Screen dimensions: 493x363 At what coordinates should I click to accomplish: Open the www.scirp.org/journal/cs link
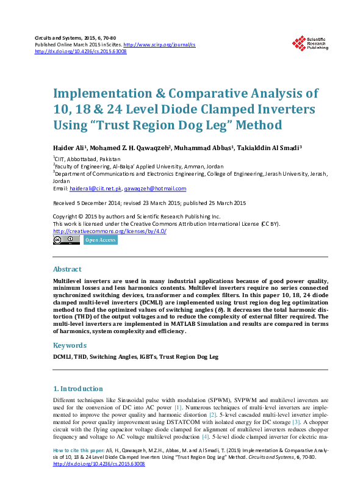(x=159, y=45)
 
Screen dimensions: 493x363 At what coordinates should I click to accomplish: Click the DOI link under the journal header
(x=81, y=52)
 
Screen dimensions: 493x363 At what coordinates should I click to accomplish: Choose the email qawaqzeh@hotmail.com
(x=151, y=189)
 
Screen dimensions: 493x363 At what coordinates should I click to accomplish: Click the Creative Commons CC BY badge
(x=66, y=240)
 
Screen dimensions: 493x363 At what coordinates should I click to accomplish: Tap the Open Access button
(x=101, y=240)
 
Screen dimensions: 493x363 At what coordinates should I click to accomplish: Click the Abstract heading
(x=67, y=269)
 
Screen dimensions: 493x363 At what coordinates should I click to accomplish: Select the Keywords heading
(x=70, y=345)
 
